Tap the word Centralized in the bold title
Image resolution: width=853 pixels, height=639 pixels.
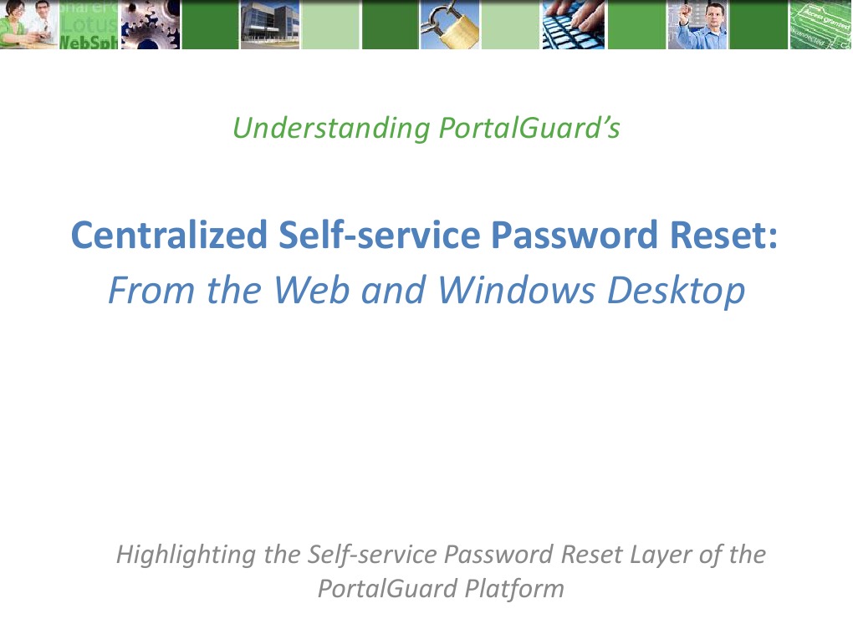[x=167, y=235]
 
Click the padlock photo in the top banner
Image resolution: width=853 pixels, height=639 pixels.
[x=450, y=25]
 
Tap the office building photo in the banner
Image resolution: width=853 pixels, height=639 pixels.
[x=269, y=25]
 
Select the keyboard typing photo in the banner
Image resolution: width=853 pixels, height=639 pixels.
[x=573, y=25]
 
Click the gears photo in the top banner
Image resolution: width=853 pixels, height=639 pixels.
[x=151, y=25]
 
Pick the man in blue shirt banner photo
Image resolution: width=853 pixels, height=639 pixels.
[x=697, y=25]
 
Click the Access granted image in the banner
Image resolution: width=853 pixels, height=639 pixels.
[x=820, y=25]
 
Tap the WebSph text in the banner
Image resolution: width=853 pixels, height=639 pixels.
[x=88, y=43]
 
